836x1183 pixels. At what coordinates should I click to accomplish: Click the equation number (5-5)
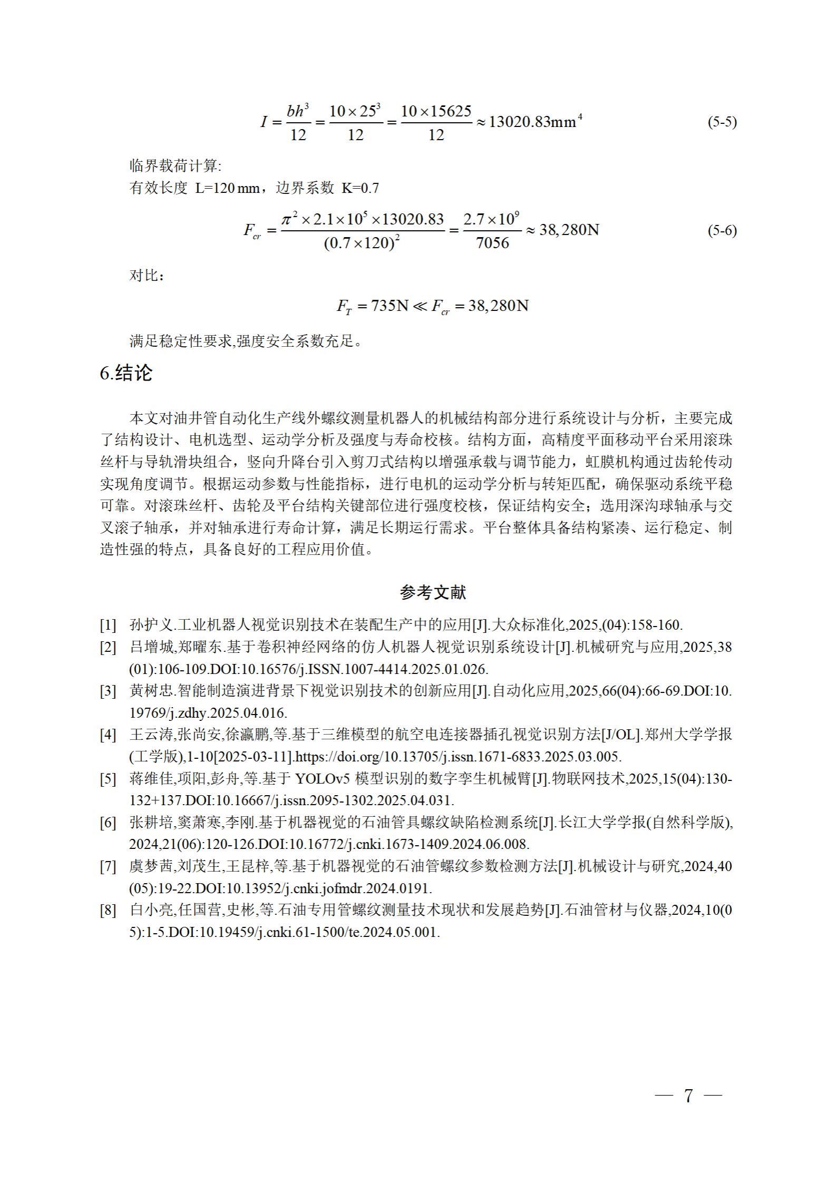click(722, 122)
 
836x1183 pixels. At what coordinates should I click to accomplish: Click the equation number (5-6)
click(722, 230)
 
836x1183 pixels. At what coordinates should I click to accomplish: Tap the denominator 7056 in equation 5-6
click(492, 243)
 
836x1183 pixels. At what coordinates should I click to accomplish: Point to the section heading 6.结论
click(126, 373)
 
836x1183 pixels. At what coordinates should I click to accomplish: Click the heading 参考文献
click(433, 592)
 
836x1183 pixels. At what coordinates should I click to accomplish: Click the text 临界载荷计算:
click(176, 167)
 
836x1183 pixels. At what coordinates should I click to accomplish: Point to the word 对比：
click(147, 276)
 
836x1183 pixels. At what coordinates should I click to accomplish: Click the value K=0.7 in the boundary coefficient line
click(360, 188)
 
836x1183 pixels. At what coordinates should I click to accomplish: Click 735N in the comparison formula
click(390, 306)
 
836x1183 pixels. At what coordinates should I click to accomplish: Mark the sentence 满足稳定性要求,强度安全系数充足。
click(246, 341)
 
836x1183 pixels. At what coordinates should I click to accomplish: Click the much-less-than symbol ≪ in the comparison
click(420, 306)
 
